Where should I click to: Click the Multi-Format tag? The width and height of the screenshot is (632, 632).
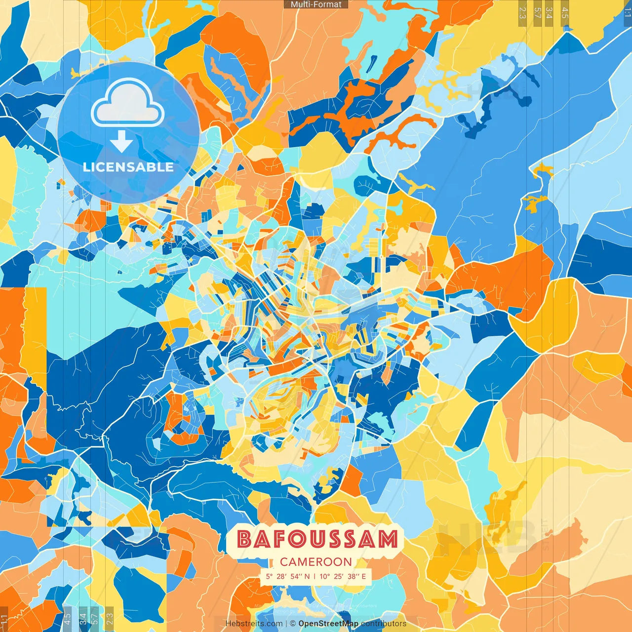pyautogui.click(x=316, y=4)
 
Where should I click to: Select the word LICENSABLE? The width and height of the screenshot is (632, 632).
pyautogui.click(x=128, y=167)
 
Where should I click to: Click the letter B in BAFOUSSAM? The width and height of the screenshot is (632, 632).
pyautogui.click(x=245, y=539)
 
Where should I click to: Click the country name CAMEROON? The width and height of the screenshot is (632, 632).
pyautogui.click(x=316, y=562)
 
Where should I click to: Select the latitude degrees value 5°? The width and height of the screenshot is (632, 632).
pyautogui.click(x=269, y=576)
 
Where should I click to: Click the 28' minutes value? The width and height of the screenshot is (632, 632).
pyautogui.click(x=282, y=576)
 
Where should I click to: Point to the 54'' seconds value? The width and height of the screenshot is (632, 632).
pyautogui.click(x=297, y=576)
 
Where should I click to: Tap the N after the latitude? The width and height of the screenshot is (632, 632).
pyautogui.click(x=307, y=576)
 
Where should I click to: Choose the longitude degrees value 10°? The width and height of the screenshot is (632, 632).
pyautogui.click(x=324, y=576)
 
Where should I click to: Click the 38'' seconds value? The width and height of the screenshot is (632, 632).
pyautogui.click(x=354, y=576)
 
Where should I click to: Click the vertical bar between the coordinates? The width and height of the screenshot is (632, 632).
pyautogui.click(x=315, y=576)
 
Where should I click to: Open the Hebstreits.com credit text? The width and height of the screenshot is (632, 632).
pyautogui.click(x=254, y=624)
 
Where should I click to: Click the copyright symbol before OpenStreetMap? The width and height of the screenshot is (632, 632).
pyautogui.click(x=293, y=624)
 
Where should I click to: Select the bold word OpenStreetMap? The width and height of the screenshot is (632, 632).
pyautogui.click(x=328, y=624)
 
